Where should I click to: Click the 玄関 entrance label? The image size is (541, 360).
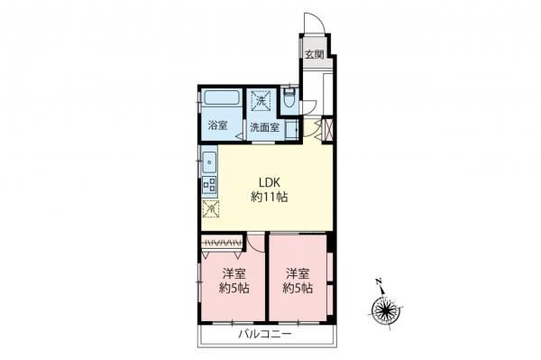click(x=315, y=54)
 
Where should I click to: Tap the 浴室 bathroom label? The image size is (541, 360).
click(x=217, y=125)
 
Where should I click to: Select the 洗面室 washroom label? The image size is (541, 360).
click(x=264, y=128)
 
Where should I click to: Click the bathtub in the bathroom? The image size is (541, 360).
click(x=222, y=98)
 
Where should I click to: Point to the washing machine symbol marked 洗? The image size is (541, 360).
click(x=261, y=101)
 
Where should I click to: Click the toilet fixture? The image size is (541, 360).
click(x=289, y=97)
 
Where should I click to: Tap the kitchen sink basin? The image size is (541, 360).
click(x=209, y=162)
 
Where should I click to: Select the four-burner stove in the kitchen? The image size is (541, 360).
click(x=209, y=185)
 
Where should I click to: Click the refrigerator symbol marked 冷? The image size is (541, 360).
click(x=211, y=208)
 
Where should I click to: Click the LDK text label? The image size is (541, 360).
click(x=269, y=182)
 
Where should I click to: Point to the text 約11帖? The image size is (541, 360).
click(x=269, y=197)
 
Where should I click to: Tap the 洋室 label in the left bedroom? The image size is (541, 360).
click(x=234, y=273)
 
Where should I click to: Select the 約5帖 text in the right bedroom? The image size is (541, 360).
click(x=298, y=288)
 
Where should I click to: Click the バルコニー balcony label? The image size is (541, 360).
click(x=265, y=334)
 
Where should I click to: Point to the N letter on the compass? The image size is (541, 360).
click(x=379, y=282)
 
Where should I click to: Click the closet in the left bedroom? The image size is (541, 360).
click(x=222, y=244)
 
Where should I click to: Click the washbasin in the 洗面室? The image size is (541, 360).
click(x=292, y=131)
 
